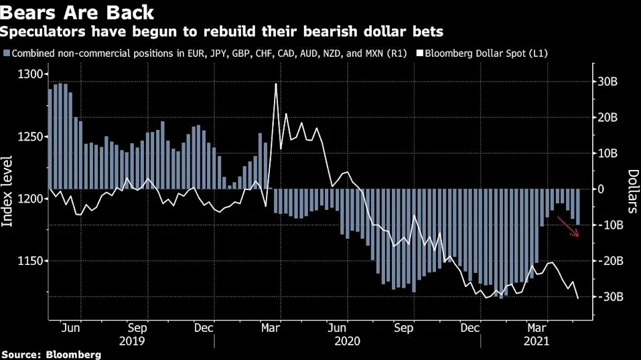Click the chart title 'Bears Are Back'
77,12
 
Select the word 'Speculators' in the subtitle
43,32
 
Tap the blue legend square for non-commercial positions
7,54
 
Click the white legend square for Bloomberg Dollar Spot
419,54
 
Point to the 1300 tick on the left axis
30,74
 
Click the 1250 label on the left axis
30,137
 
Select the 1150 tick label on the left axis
30,261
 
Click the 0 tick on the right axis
601,189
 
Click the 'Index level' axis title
7,191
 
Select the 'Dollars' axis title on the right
632,191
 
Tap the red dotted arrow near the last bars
568,227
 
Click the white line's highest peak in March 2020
276,84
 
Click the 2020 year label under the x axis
348,341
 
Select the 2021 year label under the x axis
537,341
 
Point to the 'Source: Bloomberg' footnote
51,354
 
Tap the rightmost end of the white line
578,298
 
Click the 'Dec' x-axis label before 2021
470,328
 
